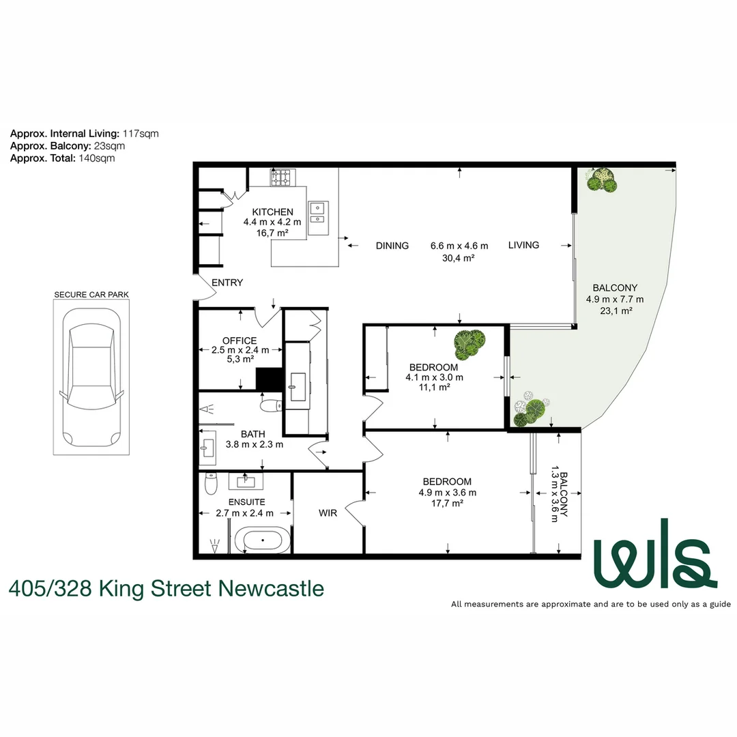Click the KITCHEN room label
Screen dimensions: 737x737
coord(272,212)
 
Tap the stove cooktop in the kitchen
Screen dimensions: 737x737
coord(282,177)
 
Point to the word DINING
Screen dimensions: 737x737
coord(392,246)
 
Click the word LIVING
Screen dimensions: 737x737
coord(523,245)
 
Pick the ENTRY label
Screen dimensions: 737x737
coord(227,283)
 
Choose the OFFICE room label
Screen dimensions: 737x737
coord(240,341)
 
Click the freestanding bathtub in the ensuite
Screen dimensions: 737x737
coord(263,541)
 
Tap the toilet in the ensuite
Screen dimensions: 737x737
coord(211,484)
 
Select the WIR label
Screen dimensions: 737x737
coord(328,513)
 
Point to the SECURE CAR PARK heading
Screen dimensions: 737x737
coord(91,295)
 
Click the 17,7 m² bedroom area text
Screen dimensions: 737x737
coord(448,503)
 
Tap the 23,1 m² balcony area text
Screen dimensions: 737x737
coord(614,310)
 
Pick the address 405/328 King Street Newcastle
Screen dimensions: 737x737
coord(167,588)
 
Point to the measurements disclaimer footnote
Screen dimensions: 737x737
coord(590,604)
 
